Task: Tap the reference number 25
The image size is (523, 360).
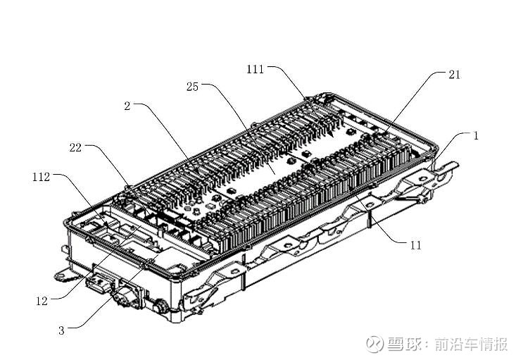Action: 192,87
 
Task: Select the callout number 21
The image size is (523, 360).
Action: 454,75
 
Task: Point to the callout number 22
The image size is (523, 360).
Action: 77,147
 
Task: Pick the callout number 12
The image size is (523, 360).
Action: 42,301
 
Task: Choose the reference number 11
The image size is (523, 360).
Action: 416,245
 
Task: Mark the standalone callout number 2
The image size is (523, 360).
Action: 127,106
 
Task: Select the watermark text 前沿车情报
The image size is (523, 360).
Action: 470,345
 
